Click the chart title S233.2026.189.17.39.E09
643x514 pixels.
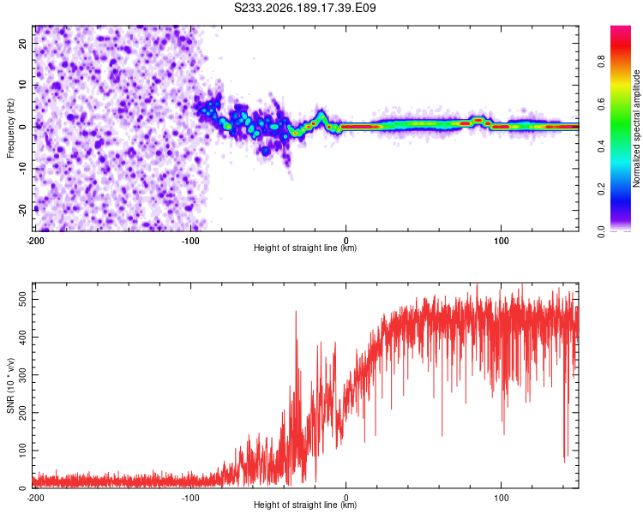(x=304, y=8)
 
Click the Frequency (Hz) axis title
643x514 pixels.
(x=10, y=128)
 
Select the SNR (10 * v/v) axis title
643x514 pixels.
(x=10, y=385)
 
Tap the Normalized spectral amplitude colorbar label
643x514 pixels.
(x=636, y=128)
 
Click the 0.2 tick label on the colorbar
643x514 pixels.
(x=601, y=189)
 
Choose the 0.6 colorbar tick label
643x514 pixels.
(x=601, y=105)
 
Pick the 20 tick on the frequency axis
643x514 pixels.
(x=23, y=44)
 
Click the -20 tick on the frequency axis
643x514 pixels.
(x=23, y=210)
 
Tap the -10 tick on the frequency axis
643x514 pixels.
(x=23, y=169)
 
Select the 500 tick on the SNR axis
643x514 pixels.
(x=23, y=300)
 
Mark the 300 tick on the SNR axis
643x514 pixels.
(x=23, y=375)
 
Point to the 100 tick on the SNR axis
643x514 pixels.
(x=23, y=451)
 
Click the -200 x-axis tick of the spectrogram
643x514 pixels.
(x=35, y=241)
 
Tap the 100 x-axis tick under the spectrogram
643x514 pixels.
(x=502, y=241)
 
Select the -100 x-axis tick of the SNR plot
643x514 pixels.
(x=190, y=498)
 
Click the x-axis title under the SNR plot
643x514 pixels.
(x=305, y=505)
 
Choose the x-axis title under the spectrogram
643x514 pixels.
(x=305, y=248)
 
